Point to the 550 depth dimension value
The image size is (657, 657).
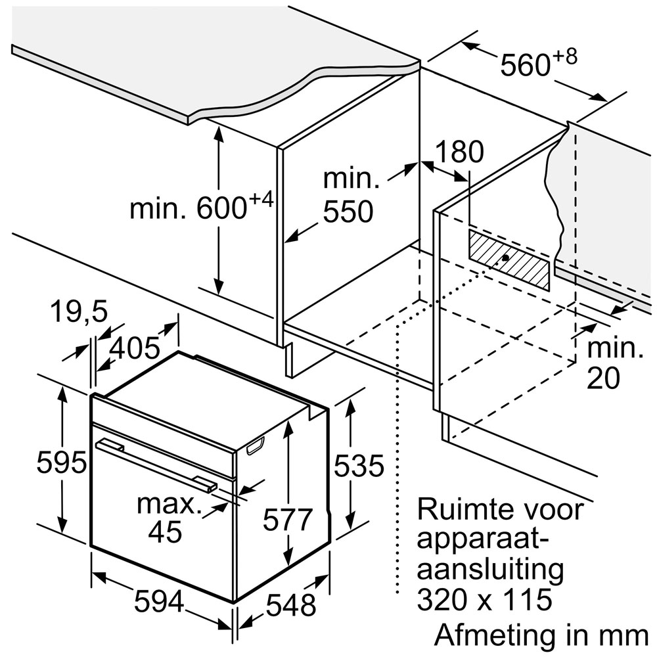348,211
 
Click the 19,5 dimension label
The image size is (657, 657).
79,311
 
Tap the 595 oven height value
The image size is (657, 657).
61,463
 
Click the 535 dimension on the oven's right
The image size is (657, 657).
359,465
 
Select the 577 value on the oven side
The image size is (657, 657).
288,520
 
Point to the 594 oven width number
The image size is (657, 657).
159,601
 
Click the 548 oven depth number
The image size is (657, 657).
291,604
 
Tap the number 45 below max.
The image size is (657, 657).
166,532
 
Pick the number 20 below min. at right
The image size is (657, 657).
603,378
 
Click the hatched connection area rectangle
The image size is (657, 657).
509,260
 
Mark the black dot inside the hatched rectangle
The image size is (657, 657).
505,258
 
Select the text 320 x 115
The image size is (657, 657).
484,599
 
